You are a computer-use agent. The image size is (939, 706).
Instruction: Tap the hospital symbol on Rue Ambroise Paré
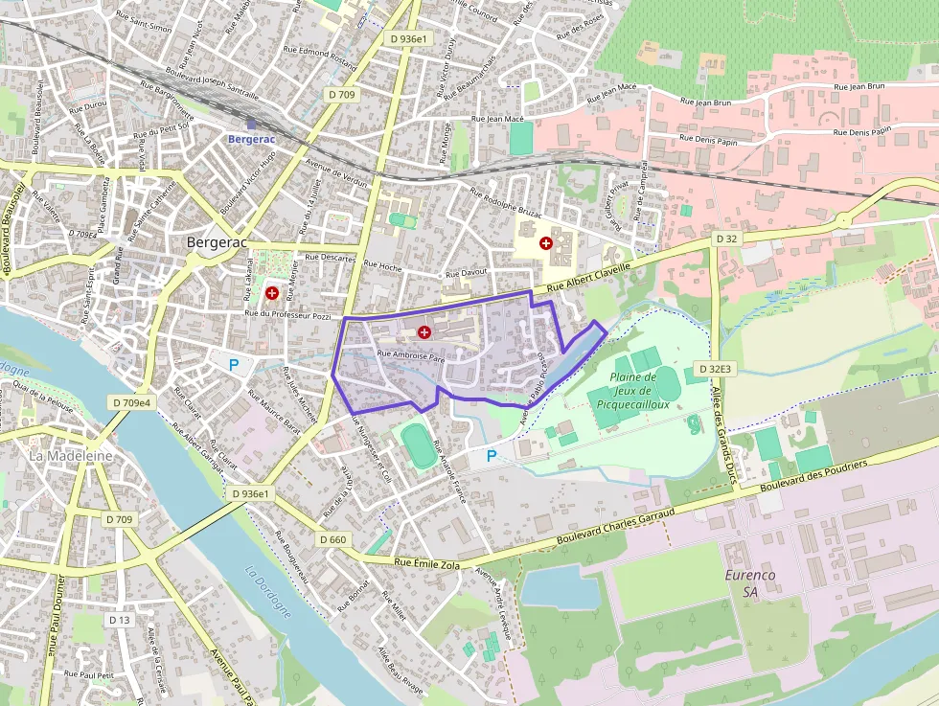424,331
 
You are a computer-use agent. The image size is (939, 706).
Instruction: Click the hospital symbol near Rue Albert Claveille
546,244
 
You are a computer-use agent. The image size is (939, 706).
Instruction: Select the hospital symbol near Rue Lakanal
272,292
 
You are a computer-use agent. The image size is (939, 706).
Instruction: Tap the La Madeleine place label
71,456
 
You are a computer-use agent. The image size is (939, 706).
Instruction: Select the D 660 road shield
332,540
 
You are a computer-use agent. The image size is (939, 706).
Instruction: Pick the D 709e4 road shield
130,403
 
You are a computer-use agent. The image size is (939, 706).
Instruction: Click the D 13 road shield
119,620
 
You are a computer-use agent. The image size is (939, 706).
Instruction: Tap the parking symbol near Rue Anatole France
492,457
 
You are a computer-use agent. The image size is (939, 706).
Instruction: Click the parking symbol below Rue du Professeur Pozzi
233,364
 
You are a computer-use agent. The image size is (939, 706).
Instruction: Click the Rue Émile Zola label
428,564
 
